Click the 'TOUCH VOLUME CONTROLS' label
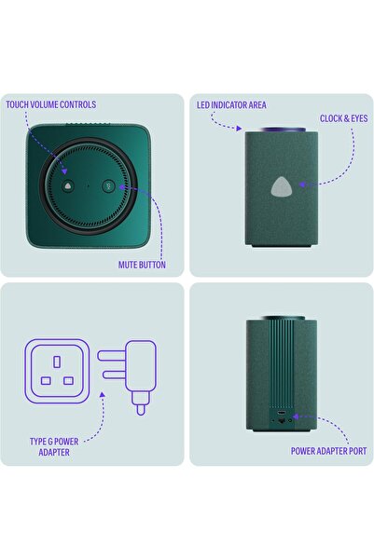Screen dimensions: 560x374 pos(50,105)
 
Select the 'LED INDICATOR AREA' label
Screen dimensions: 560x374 pos(235,106)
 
